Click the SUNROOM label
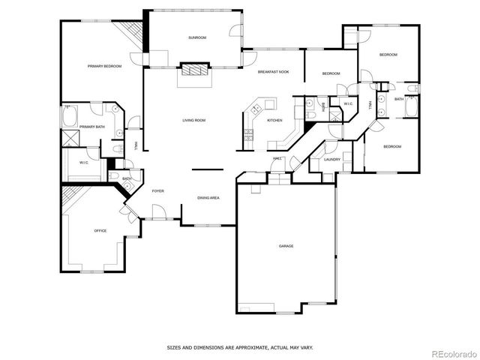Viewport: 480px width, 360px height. click(x=197, y=37)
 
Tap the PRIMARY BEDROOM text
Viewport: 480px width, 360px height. click(x=104, y=67)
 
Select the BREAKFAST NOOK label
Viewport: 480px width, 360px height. click(x=273, y=72)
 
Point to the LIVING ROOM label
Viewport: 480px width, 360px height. click(x=193, y=120)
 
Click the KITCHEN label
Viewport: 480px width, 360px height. click(x=274, y=120)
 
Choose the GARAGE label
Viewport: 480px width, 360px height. click(x=286, y=246)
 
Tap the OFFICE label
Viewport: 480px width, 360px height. click(x=100, y=231)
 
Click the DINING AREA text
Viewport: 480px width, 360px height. click(x=208, y=197)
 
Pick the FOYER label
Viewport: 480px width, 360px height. click(x=158, y=191)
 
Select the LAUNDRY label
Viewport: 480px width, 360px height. click(x=332, y=159)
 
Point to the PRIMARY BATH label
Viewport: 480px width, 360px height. click(x=91, y=127)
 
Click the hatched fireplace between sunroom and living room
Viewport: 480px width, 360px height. click(x=193, y=70)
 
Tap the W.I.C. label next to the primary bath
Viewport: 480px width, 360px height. click(x=84, y=162)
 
